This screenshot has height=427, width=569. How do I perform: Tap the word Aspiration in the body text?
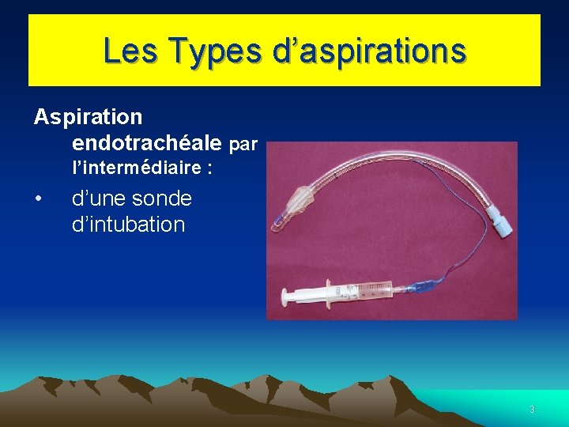click(x=88, y=117)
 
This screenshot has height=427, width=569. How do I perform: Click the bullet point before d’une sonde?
click(x=38, y=198)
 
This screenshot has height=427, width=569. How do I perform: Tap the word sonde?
click(x=161, y=198)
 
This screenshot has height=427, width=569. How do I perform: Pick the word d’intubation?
click(x=128, y=225)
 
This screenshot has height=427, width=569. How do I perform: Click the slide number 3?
click(x=532, y=410)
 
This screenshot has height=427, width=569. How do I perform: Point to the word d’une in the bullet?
click(x=101, y=198)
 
